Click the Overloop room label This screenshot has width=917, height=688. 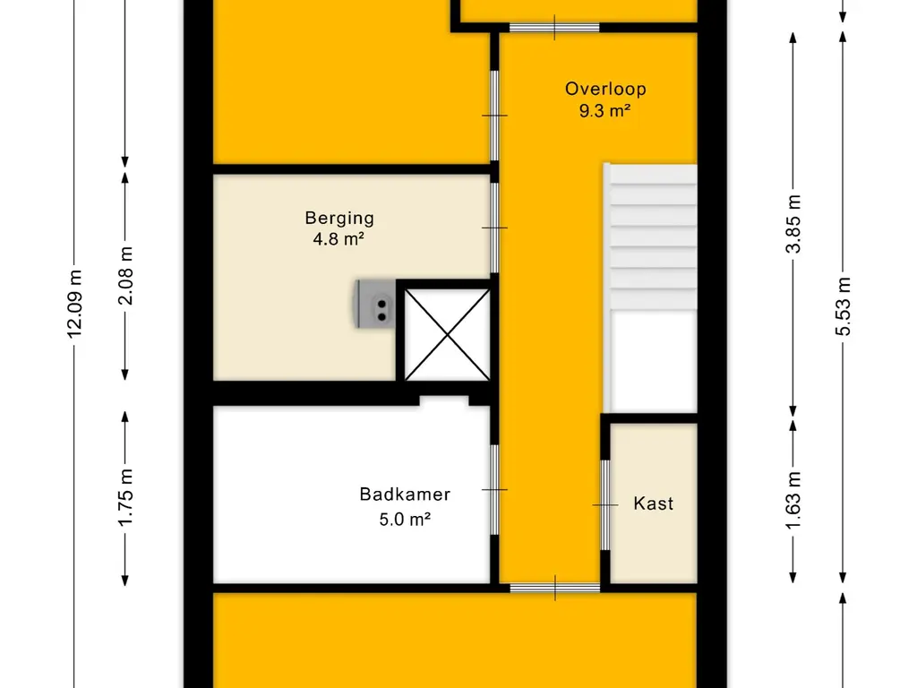click(x=605, y=89)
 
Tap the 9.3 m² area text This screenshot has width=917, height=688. click(x=604, y=110)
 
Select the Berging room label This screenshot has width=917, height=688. click(x=339, y=219)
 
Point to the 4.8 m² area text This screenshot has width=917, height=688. click(x=339, y=238)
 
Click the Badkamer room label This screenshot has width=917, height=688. click(x=405, y=494)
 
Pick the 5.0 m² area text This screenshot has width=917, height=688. click(x=405, y=519)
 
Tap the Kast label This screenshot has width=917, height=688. click(x=653, y=503)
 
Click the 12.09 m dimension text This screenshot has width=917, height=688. click(x=74, y=305)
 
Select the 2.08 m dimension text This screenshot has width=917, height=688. click(x=125, y=276)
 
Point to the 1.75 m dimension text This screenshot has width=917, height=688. click(x=125, y=498)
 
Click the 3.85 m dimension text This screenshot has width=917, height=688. click(x=793, y=224)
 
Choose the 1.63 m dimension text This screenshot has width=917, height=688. click(x=793, y=500)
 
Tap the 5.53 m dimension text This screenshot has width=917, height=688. click(x=843, y=306)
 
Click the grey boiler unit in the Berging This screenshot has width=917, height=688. click(x=375, y=305)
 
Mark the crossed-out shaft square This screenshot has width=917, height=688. click(x=448, y=335)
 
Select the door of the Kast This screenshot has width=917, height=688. click(x=605, y=505)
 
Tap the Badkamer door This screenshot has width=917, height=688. click(x=494, y=490)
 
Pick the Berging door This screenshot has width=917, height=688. click(x=494, y=228)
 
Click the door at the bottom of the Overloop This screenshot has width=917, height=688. click(x=555, y=588)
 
